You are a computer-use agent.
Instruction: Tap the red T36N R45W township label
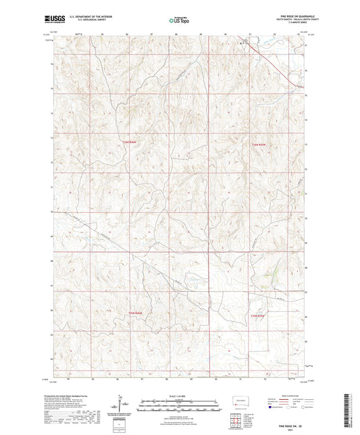pos(129,142)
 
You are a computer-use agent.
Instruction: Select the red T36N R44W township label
pos(259,145)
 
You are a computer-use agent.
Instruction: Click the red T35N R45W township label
pos(135,313)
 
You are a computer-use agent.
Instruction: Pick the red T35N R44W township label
pos(259,315)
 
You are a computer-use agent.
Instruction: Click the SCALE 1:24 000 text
pos(179,396)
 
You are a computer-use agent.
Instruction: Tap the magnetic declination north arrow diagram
pos(122,405)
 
